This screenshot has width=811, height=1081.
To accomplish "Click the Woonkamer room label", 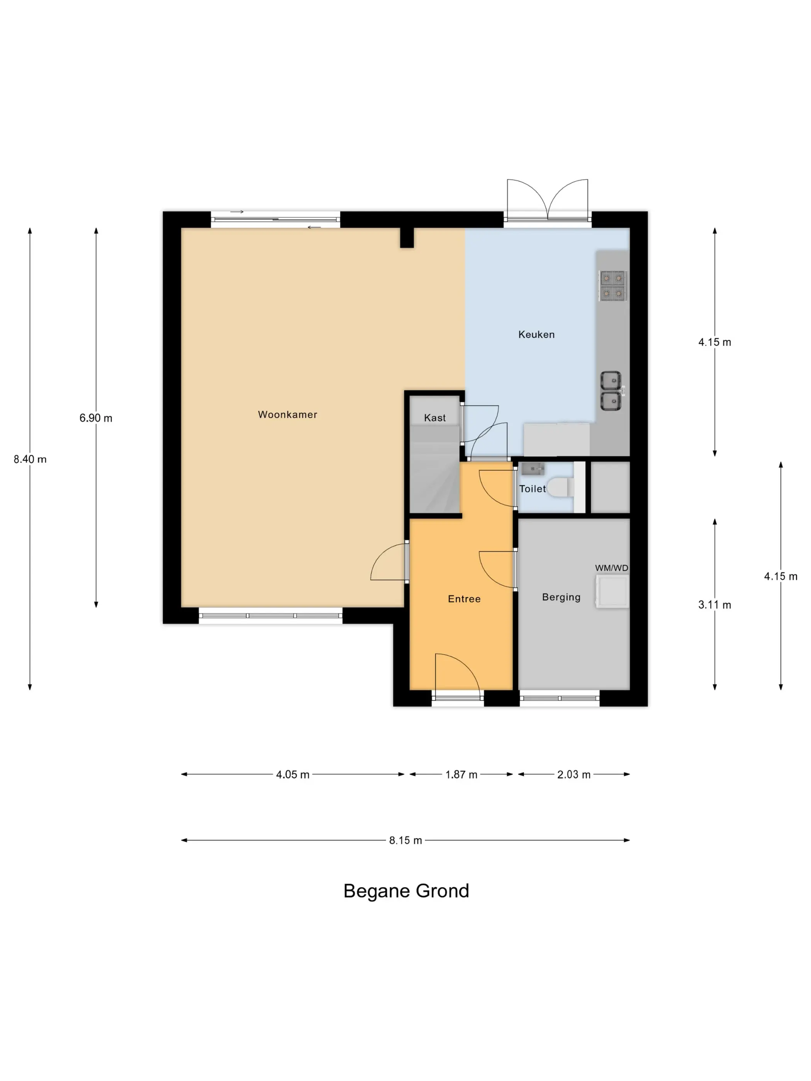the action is coord(287,414).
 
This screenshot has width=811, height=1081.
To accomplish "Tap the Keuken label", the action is coord(536,334).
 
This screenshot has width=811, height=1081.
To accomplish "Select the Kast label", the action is coord(434,418).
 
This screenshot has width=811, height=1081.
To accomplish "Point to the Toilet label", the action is coord(532,489).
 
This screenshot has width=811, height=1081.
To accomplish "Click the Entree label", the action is coord(464,599).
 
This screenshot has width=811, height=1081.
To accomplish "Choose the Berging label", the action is coord(561,597).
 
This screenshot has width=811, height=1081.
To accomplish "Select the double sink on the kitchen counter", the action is coord(611,391).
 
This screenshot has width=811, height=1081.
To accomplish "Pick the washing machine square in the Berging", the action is coord(612,591).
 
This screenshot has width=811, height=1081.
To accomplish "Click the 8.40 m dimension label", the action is coord(30,459).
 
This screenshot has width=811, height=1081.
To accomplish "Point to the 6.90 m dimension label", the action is coord(96,418).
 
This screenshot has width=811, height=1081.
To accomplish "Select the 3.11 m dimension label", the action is coord(715,605).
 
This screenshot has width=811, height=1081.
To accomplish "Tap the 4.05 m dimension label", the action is coord(293,774).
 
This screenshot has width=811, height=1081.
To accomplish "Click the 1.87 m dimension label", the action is coord(461,774).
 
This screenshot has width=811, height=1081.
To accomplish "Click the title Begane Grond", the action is coord(406,891).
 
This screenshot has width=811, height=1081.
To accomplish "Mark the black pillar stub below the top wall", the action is coord(407,238).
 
